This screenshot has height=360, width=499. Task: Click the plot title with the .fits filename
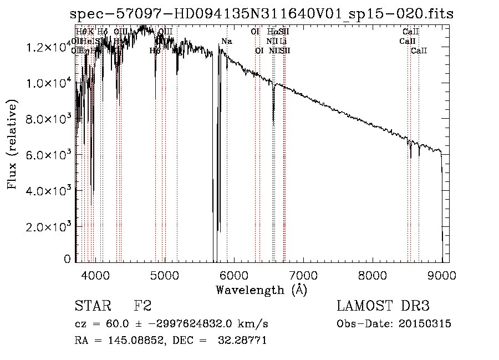[x=262, y=14]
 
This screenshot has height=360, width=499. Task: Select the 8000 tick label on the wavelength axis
[x=372, y=275]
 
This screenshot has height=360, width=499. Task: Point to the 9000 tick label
[x=441, y=275]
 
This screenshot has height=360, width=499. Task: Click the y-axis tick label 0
[x=68, y=259]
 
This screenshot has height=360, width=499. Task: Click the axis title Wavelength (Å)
[x=261, y=290]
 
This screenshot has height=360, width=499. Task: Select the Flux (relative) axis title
[x=12, y=146]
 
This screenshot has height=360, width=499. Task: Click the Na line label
[x=226, y=42]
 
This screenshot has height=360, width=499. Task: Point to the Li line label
[x=283, y=42]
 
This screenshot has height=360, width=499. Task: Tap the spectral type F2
[x=142, y=306]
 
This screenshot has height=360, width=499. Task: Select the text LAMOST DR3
[x=383, y=306]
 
